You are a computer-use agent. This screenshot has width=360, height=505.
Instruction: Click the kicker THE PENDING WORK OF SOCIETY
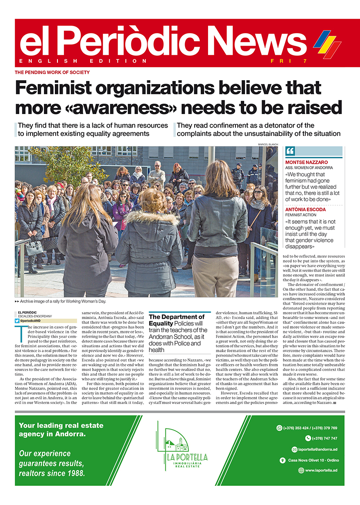pyautogui.click(x=52, y=72)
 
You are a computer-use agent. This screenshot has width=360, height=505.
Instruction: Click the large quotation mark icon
pyautogui.click(x=290, y=151)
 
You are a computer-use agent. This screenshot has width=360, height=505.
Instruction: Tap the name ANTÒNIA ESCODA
pyautogui.click(x=306, y=209)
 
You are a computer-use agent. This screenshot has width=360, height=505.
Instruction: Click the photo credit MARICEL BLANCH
pyautogui.click(x=267, y=144)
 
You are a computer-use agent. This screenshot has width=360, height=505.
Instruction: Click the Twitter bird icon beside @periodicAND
pyautogui.click(x=17, y=321)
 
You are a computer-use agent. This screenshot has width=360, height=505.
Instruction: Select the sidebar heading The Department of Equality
pyautogui.click(x=177, y=320)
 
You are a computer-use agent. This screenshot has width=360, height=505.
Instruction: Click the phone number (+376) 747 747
pyautogui.click(x=324, y=438)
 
